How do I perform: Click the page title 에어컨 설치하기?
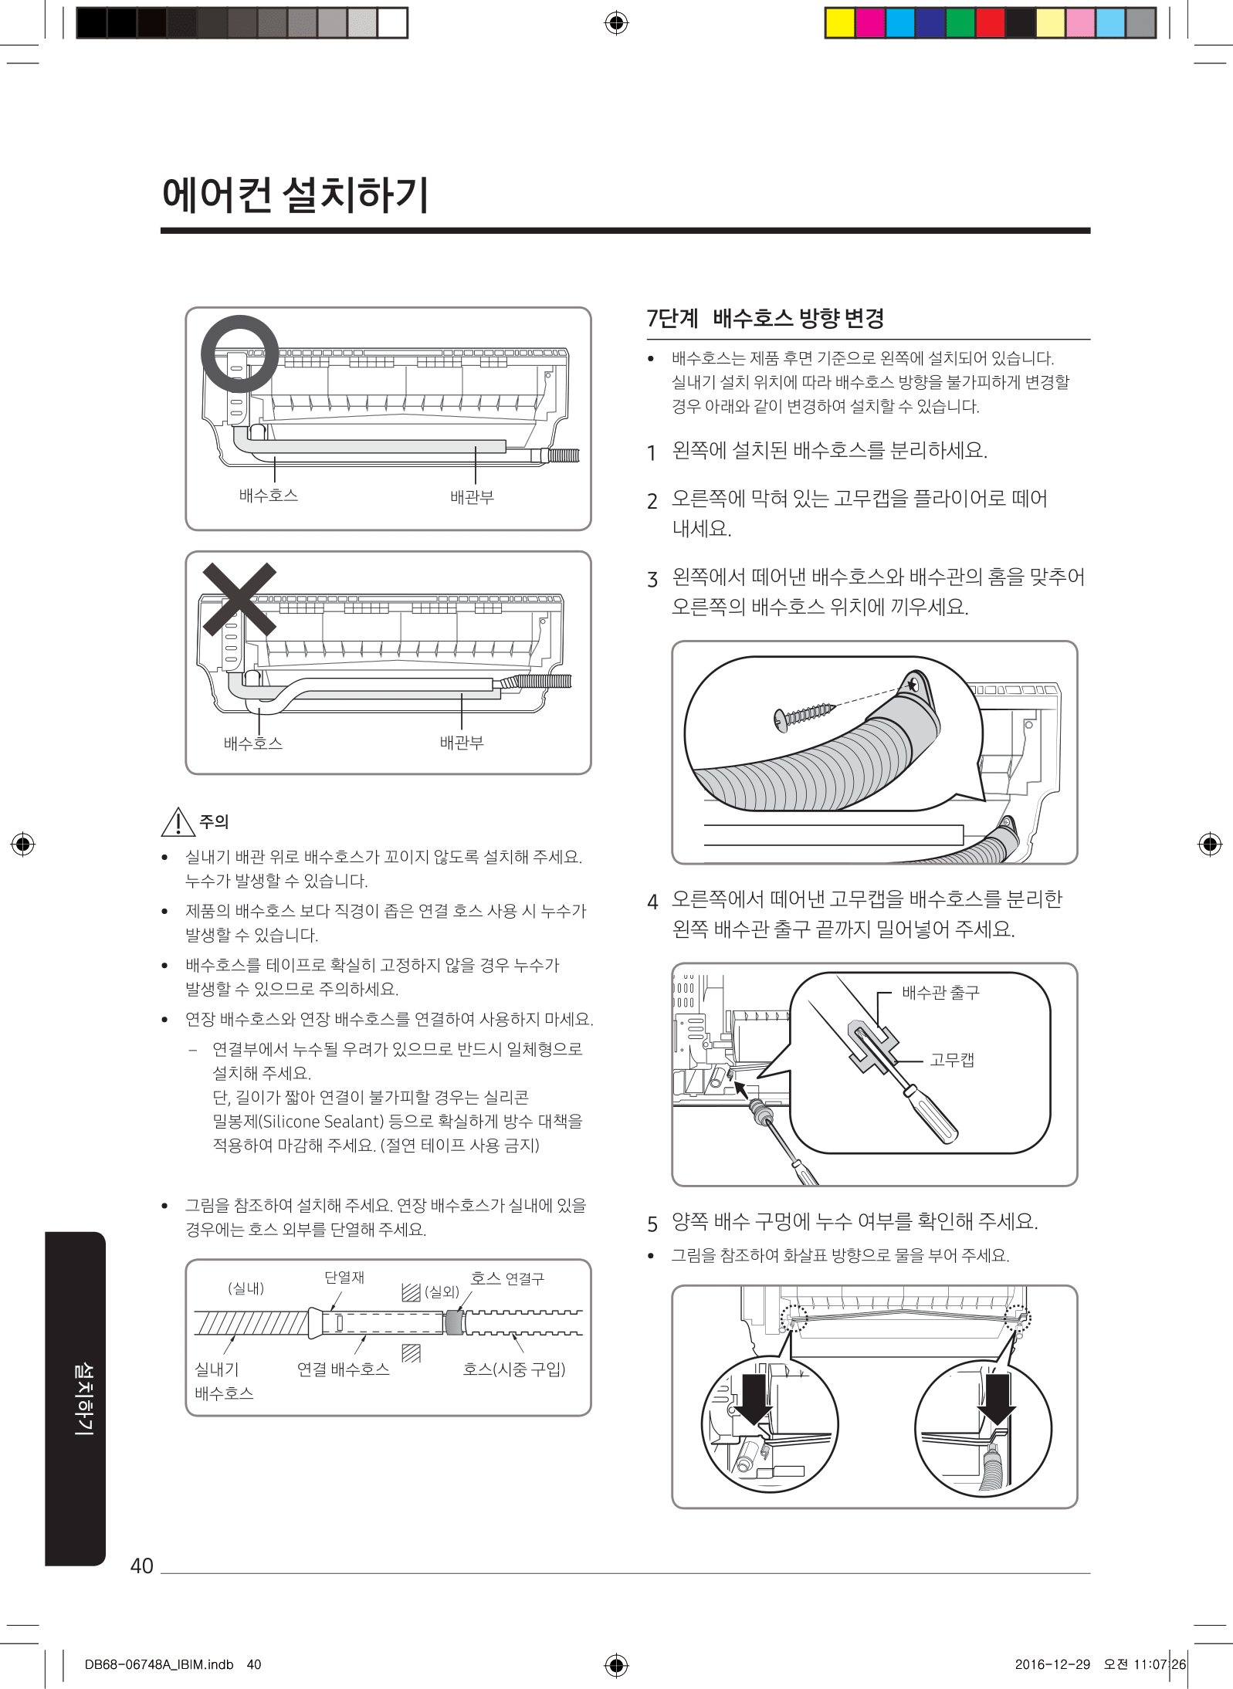click(x=295, y=195)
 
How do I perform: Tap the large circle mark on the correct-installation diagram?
click(x=239, y=318)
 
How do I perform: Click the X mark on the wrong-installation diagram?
click(x=239, y=599)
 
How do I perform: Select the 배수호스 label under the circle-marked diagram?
click(x=269, y=496)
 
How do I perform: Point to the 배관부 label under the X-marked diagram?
click(x=462, y=743)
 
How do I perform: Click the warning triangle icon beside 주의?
click(x=178, y=821)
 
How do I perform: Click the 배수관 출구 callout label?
click(x=940, y=993)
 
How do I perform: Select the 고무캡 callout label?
click(x=952, y=1060)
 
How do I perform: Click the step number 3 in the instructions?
click(x=652, y=580)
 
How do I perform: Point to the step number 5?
click(x=652, y=1224)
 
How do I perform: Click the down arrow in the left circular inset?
click(x=752, y=1399)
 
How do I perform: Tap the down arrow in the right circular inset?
click(x=997, y=1399)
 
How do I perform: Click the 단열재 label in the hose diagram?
click(x=344, y=1278)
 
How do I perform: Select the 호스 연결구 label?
click(x=507, y=1278)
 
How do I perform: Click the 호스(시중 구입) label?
click(x=514, y=1369)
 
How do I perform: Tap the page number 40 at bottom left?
click(x=142, y=1565)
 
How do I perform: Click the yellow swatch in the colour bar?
click(x=840, y=22)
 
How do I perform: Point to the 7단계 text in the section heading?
click(x=672, y=318)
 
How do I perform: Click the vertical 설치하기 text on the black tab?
click(x=83, y=1398)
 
